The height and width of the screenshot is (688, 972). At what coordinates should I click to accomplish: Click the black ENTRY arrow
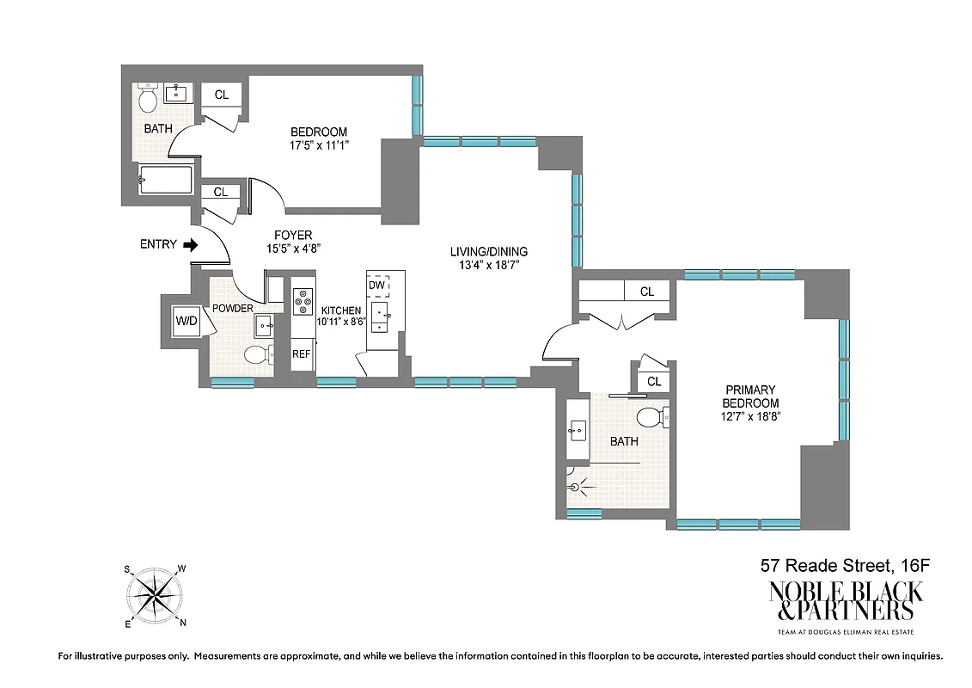191,245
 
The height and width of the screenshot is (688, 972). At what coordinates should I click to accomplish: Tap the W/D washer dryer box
186,321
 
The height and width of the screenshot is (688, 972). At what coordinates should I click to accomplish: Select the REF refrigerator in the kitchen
302,353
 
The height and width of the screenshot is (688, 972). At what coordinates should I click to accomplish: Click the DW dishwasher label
376,285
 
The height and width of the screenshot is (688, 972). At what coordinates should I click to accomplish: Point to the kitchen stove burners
303,300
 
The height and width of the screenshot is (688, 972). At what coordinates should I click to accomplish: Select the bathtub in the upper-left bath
167,180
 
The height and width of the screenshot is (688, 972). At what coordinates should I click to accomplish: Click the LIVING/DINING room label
489,252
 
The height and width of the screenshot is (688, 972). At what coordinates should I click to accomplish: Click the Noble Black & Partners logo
846,602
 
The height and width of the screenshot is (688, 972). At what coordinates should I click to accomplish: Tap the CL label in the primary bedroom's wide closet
646,292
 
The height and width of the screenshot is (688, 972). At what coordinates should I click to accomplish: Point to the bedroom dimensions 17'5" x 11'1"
318,145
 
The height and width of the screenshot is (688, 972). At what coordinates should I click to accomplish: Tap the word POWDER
233,309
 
